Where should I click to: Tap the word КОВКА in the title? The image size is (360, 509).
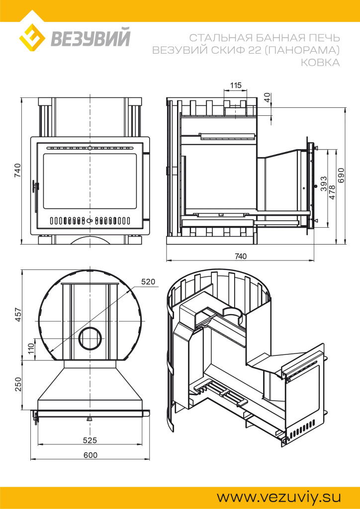pos(320,62)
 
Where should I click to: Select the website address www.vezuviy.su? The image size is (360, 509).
pos(279,497)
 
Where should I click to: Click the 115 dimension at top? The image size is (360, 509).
pos(236,85)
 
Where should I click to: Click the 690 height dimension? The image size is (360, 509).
pos(341,175)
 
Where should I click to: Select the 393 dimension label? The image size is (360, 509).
pos(323,184)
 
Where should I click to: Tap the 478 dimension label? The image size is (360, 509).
pos(332,192)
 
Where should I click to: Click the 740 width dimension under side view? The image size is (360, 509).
pos(240,256)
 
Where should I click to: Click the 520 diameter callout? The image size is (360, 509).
pos(148,282)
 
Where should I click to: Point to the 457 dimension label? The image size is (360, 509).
pos(18,315)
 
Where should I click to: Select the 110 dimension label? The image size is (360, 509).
pos(31,348)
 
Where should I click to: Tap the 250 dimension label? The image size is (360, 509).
pos(18,384)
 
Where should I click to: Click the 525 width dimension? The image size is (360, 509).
pos(90,440)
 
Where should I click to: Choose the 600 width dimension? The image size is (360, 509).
pos(90,455)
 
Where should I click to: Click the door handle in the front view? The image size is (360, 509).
pos(35,187)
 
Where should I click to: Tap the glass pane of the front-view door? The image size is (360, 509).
pos(90,181)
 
